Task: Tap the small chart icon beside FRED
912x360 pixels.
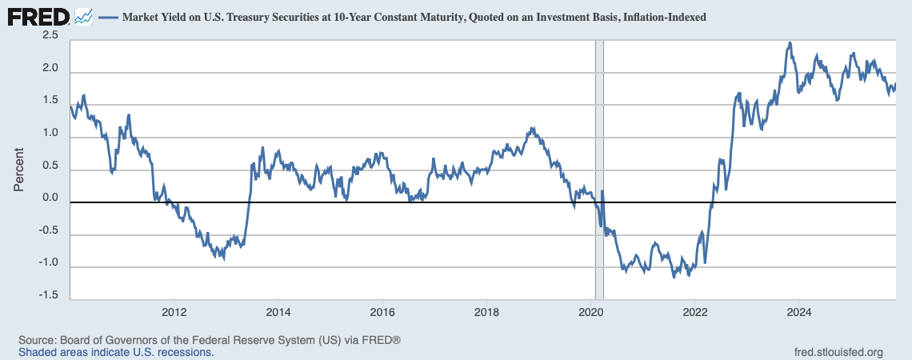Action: click(x=83, y=16)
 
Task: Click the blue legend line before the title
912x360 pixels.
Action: click(x=108, y=17)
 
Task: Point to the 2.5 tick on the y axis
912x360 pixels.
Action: click(x=50, y=35)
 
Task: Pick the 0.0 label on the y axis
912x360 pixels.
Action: click(x=50, y=198)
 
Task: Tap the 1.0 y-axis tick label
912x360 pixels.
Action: click(x=50, y=133)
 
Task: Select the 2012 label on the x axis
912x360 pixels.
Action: click(x=174, y=312)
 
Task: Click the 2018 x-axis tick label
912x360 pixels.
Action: click(x=486, y=312)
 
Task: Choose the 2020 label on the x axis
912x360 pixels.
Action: click(x=590, y=312)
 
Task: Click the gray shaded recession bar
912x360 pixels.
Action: click(x=598, y=160)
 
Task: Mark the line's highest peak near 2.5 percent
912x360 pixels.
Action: click(x=790, y=43)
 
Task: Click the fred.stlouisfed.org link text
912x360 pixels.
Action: click(x=838, y=352)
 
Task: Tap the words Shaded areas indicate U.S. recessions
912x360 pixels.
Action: click(x=116, y=352)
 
